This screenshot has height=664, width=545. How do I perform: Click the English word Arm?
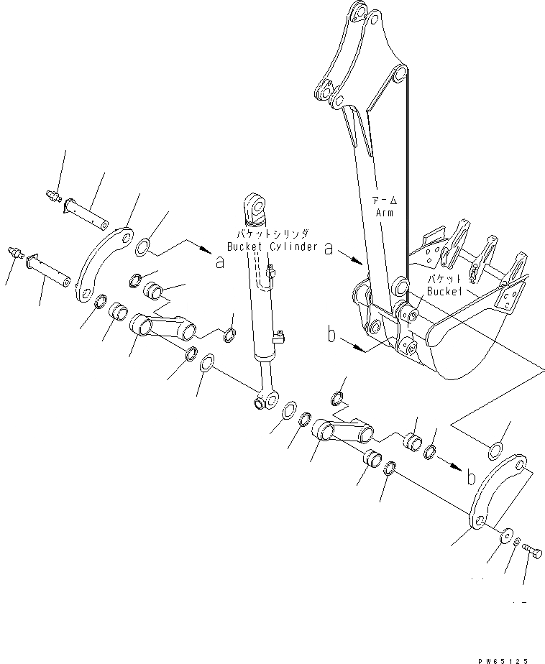tap(383, 213)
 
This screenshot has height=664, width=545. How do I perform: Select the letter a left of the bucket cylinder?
tap(220, 263)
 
